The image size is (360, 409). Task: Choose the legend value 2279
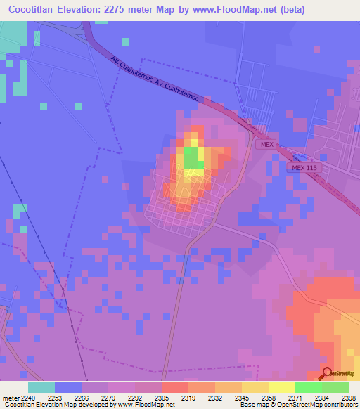coord(108,397)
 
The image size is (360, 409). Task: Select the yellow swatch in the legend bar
coord(282,387)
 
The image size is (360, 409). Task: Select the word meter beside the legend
coord(9,397)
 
